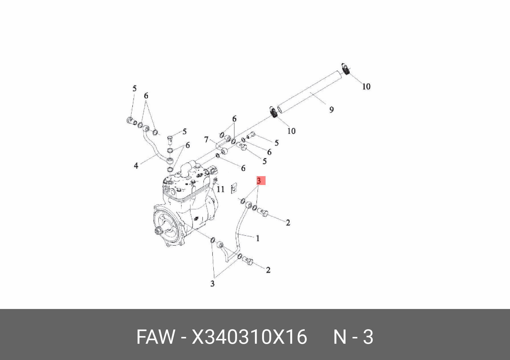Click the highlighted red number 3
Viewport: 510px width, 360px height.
pos(259,180)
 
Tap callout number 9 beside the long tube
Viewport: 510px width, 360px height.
pos(331,109)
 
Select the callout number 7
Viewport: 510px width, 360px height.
pos(207,140)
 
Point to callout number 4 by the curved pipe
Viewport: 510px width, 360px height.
pos(136,165)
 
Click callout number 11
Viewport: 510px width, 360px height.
pos(221,189)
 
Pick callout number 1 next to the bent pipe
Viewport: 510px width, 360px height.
pos(258,238)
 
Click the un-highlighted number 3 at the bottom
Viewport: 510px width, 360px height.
pos(212,284)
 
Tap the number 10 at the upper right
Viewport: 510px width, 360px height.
pos(366,86)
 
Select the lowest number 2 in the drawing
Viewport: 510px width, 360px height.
pos(268,270)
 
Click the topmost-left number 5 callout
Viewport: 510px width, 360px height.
pos(134,88)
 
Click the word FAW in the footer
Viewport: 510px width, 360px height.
pos(155,337)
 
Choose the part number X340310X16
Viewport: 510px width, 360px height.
pos(249,337)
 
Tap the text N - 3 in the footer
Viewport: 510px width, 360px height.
pos(353,337)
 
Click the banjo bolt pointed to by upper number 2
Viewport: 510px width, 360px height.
pos(263,213)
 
